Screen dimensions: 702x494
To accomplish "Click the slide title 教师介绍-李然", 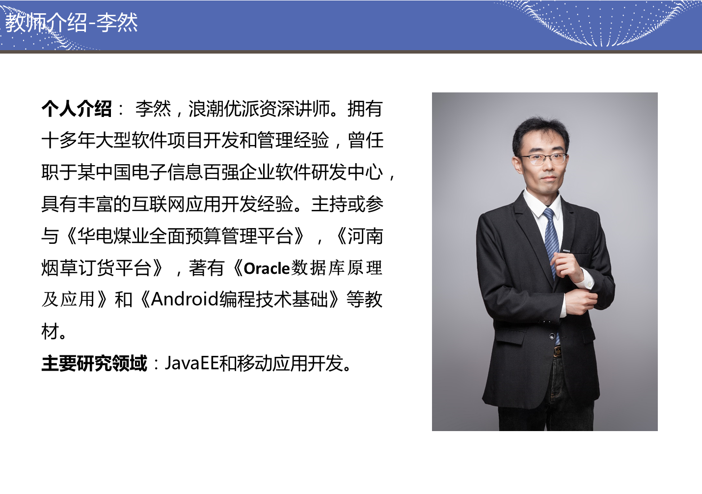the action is pyautogui.click(x=72, y=23).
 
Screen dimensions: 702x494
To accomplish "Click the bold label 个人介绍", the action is pyautogui.click(x=77, y=109).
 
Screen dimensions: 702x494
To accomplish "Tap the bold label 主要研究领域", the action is pyautogui.click(x=94, y=363).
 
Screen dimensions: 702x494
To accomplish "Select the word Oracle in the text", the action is pyautogui.click(x=267, y=268).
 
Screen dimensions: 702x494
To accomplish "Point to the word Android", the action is pyautogui.click(x=185, y=299).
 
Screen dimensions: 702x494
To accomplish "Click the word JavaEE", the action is pyautogui.click(x=191, y=363).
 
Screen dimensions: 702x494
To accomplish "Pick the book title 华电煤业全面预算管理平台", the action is pyautogui.click(x=185, y=236).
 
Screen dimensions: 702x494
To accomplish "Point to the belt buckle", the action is pyautogui.click(x=557, y=351).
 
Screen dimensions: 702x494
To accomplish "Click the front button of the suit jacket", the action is pyautogui.click(x=552, y=337).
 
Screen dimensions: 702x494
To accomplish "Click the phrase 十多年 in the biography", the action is pyautogui.click(x=68, y=140).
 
